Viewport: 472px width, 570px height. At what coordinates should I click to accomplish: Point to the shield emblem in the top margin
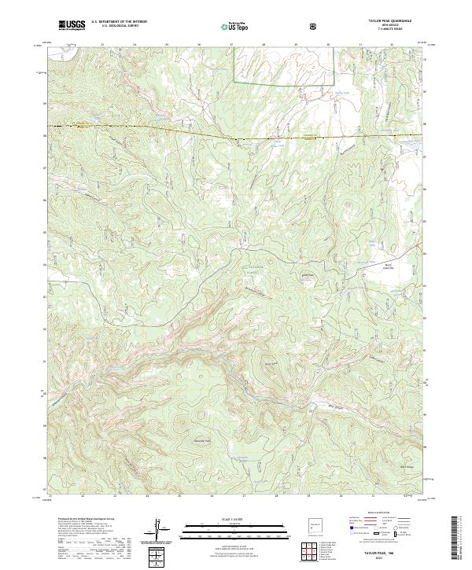click(313, 26)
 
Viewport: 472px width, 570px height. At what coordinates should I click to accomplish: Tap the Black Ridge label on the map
click(408, 466)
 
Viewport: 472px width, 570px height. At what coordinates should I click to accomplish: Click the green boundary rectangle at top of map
click(284, 64)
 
